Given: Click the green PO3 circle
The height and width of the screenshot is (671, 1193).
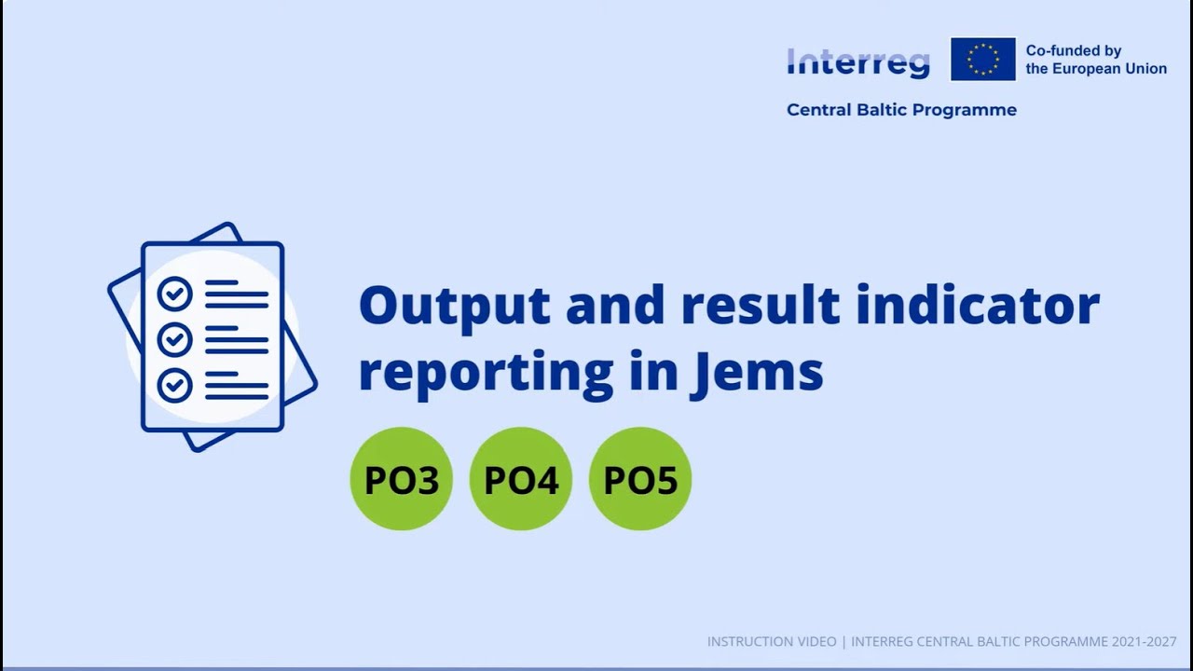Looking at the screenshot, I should pyautogui.click(x=401, y=479).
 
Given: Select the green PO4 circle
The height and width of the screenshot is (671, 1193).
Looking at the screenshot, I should pyautogui.click(x=520, y=479).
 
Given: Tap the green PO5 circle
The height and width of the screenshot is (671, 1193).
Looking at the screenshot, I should pyautogui.click(x=640, y=479).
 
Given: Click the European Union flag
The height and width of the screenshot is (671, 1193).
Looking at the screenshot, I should pyautogui.click(x=982, y=60).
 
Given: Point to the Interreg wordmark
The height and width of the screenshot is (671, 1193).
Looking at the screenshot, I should pyautogui.click(x=857, y=62).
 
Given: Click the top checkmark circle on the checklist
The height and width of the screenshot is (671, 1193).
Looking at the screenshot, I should pyautogui.click(x=174, y=294).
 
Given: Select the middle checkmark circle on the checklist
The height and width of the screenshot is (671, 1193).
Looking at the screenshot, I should pyautogui.click(x=174, y=339).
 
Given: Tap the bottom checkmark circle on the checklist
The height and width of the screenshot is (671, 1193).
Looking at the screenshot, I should pyautogui.click(x=174, y=385).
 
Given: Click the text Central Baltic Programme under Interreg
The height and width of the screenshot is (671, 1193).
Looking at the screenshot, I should pyautogui.click(x=901, y=110).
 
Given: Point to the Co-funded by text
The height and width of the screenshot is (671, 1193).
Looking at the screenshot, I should pyautogui.click(x=1073, y=51).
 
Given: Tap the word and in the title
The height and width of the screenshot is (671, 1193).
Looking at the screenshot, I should pyautogui.click(x=614, y=306).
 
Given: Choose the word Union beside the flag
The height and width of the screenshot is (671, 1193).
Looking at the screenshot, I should pyautogui.click(x=1146, y=69).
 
